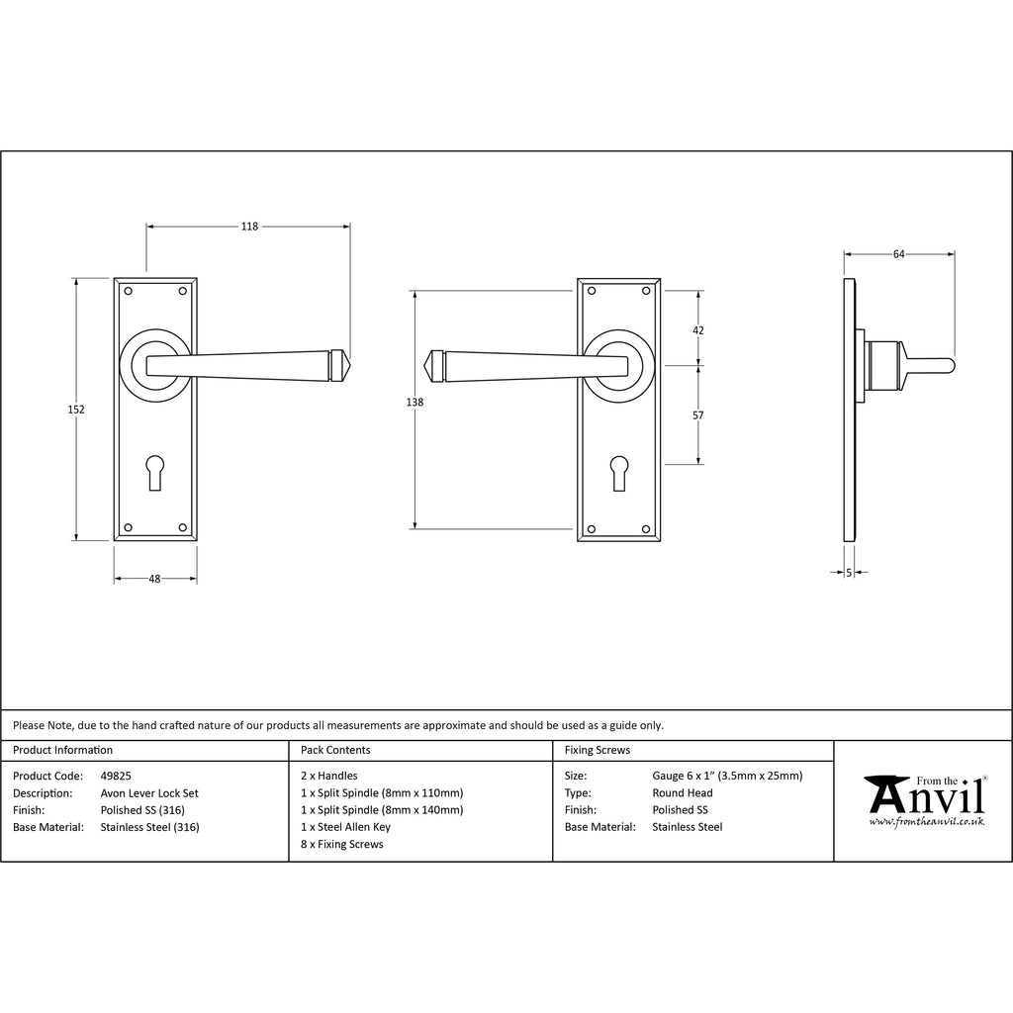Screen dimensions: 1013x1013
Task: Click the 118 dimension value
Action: [x=249, y=227]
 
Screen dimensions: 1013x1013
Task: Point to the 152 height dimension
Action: [x=76, y=409]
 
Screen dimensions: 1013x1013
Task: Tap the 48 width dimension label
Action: [x=154, y=579]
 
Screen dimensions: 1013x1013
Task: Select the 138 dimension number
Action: [x=414, y=402]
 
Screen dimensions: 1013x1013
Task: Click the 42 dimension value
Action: [x=698, y=330]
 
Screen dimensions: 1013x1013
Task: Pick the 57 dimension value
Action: [x=698, y=415]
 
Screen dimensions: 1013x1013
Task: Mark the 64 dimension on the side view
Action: [x=899, y=254]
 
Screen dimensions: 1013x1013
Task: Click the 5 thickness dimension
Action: [x=849, y=573]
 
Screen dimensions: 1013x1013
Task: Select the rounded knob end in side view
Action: [x=950, y=366]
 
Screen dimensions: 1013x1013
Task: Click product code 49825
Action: [x=116, y=776]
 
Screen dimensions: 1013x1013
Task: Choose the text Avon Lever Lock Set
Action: [x=149, y=793]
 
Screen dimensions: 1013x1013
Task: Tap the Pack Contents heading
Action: [x=335, y=750]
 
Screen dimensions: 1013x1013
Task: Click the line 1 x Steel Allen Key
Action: [x=345, y=827]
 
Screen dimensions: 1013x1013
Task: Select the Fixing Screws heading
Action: [x=598, y=750]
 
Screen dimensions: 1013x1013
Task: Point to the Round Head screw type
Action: [x=683, y=792]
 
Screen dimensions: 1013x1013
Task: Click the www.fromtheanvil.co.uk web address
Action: [x=927, y=822]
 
